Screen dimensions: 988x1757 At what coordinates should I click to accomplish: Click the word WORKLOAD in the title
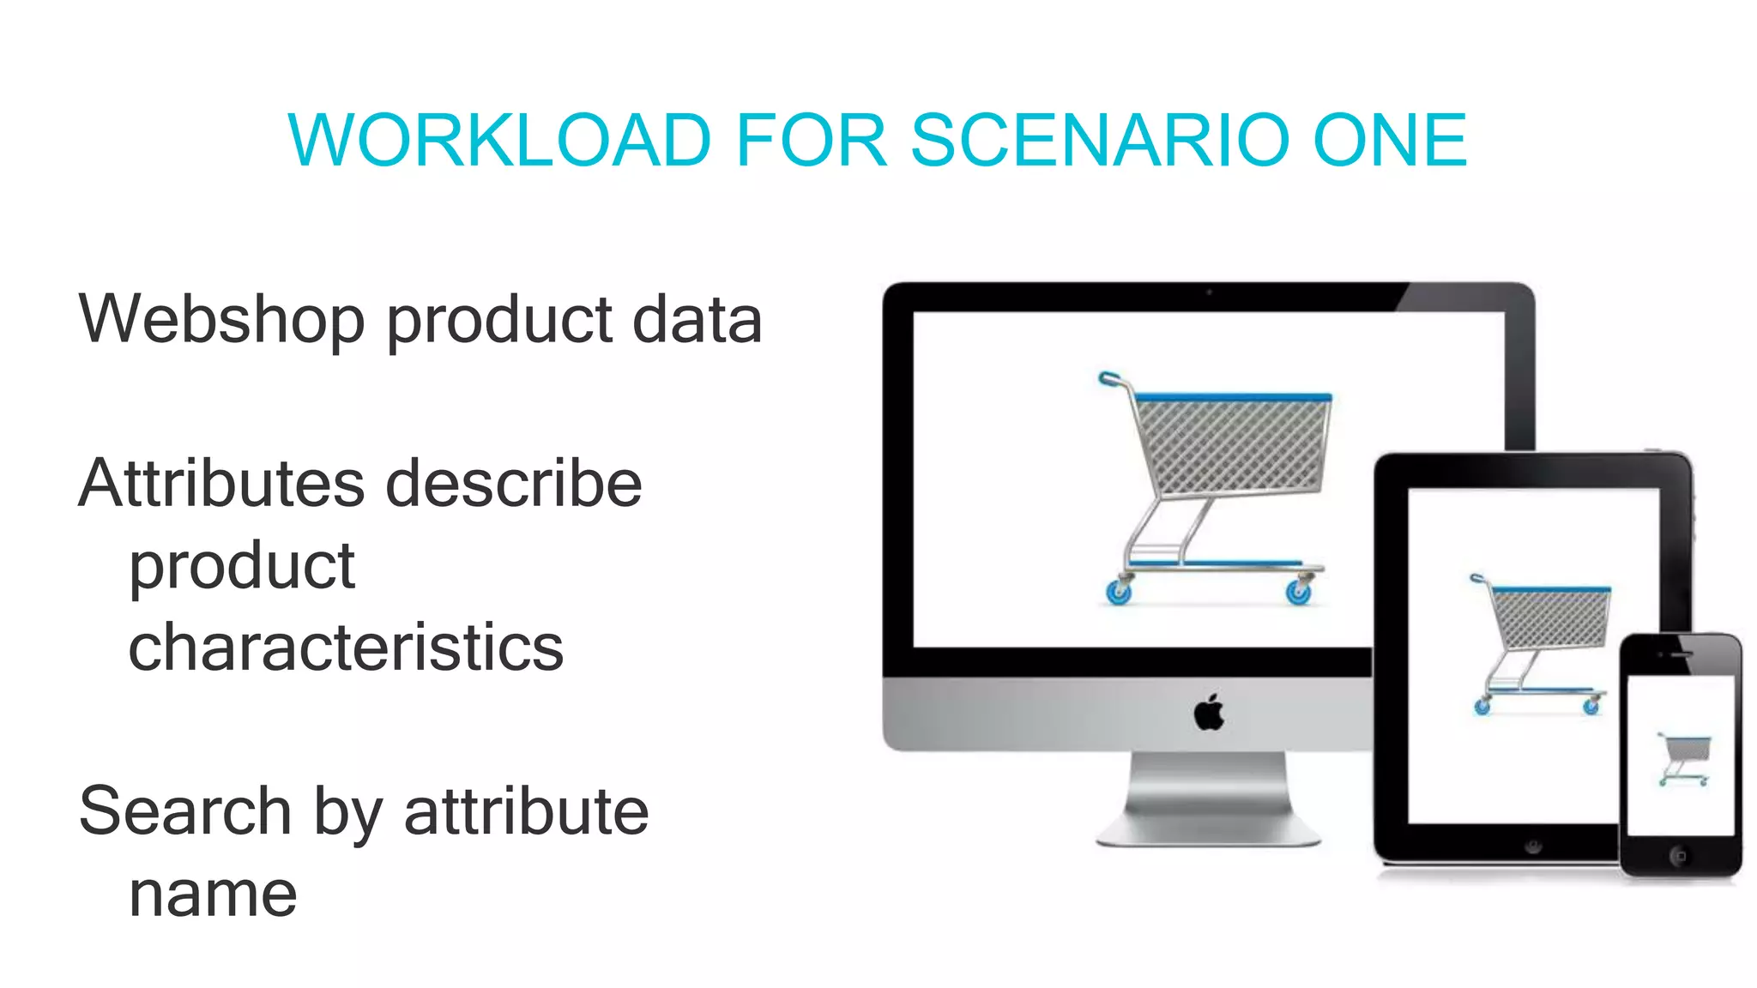tap(500, 141)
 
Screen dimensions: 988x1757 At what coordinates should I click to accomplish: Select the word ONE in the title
tap(1390, 141)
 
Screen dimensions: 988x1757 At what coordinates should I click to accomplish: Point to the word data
tap(697, 319)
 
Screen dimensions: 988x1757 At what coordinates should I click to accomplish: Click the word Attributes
tap(221, 483)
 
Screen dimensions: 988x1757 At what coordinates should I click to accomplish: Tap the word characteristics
tap(346, 648)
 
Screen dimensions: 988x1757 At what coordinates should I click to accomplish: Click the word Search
tap(184, 811)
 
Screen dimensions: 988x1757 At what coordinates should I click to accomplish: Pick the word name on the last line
tap(213, 895)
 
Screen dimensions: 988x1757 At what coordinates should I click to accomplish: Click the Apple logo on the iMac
tap(1209, 712)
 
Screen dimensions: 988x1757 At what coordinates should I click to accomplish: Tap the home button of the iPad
tap(1533, 846)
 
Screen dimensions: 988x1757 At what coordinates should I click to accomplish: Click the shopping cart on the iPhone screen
tap(1683, 758)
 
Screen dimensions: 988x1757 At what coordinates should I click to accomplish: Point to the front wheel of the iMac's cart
tap(1118, 592)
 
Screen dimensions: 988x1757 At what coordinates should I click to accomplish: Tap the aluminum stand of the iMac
tap(1208, 798)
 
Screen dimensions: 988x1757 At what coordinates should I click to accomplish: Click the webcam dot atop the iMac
tap(1209, 292)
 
